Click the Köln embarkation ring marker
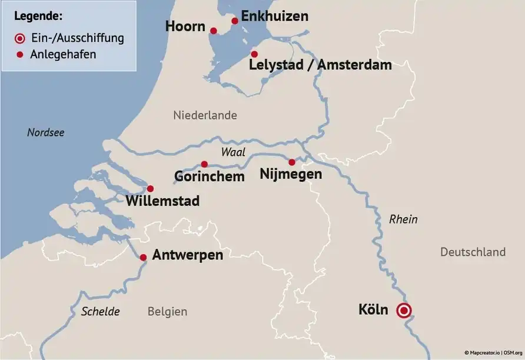[x=403, y=311]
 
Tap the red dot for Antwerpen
[x=143, y=257]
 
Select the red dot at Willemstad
[x=150, y=189]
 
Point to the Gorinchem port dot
[x=204, y=164]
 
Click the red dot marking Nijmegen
[x=291, y=162]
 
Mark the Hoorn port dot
[x=214, y=31]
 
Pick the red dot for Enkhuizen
[x=235, y=21]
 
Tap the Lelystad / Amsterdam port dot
[x=254, y=54]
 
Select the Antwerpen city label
[x=187, y=255]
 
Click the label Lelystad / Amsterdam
[x=320, y=65]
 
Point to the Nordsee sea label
[x=46, y=132]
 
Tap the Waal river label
[x=233, y=152]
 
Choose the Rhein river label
[x=403, y=219]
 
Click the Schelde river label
[x=101, y=311]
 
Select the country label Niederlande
[x=205, y=115]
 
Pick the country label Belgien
[x=167, y=312]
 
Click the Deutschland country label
[x=473, y=252]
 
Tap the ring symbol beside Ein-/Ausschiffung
[x=20, y=38]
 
